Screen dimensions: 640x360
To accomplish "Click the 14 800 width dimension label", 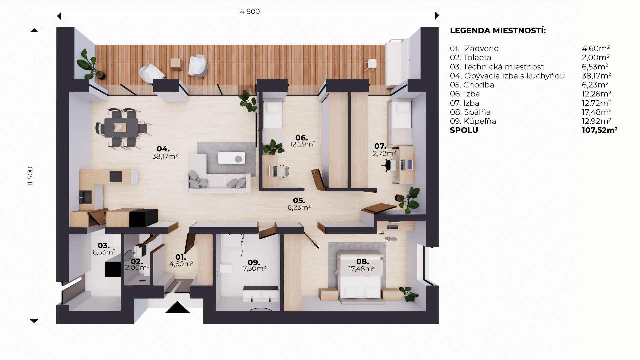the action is (248, 11).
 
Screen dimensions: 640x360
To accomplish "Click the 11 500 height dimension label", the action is (30, 176).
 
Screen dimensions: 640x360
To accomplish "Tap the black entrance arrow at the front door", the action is (178, 307).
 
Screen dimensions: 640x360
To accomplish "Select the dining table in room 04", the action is (121, 128).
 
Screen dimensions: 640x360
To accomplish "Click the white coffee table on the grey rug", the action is (231, 158).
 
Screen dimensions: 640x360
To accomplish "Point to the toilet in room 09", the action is (226, 269).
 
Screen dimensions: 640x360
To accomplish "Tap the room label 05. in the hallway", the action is (299, 200).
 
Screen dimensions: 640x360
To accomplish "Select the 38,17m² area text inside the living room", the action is (165, 156).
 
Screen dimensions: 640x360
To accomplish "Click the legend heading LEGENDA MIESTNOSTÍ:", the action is (498, 30).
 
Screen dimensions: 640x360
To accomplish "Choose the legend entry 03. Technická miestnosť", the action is (497, 67).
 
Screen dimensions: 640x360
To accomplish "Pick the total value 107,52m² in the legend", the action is (599, 130).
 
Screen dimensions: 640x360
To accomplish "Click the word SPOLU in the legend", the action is (464, 130).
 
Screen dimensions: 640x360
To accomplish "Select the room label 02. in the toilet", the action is (137, 261).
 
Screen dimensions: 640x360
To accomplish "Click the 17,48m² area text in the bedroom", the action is (361, 269).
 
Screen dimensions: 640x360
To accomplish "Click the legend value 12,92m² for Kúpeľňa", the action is (596, 121).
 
